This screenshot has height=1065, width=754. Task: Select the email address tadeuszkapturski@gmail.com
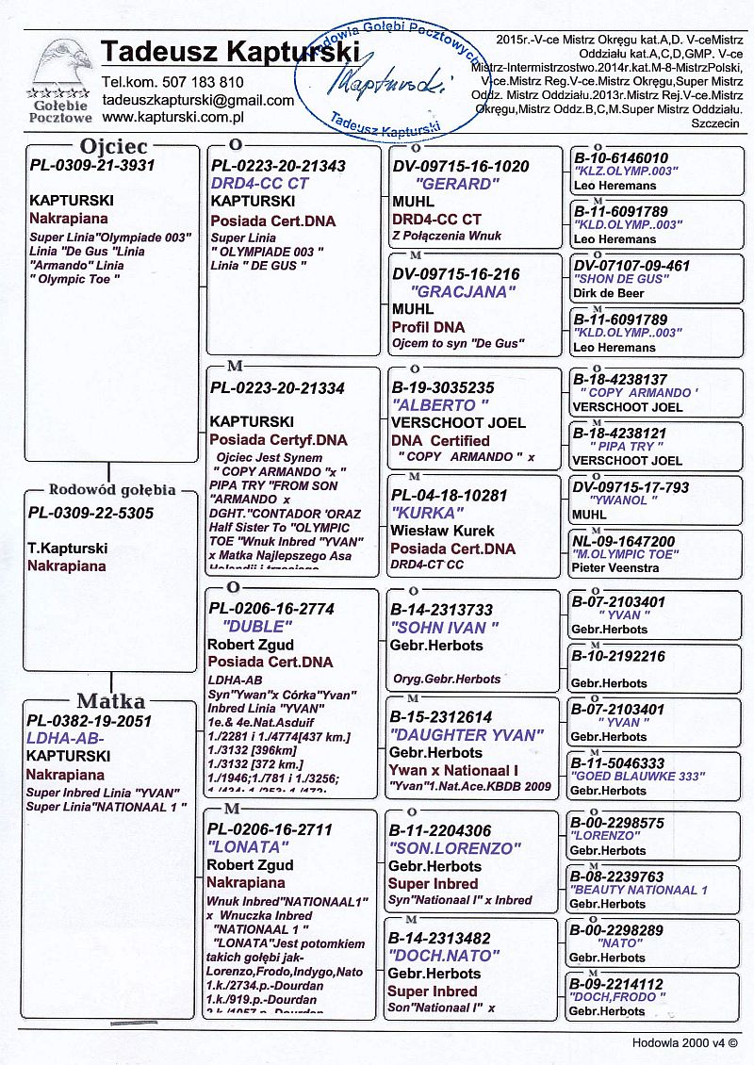(x=198, y=100)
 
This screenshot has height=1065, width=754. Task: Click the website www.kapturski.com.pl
(x=173, y=117)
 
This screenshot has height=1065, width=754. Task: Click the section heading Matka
(x=110, y=701)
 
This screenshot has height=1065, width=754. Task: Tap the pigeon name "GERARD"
(x=454, y=184)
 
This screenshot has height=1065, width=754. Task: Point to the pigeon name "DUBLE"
(x=258, y=627)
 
